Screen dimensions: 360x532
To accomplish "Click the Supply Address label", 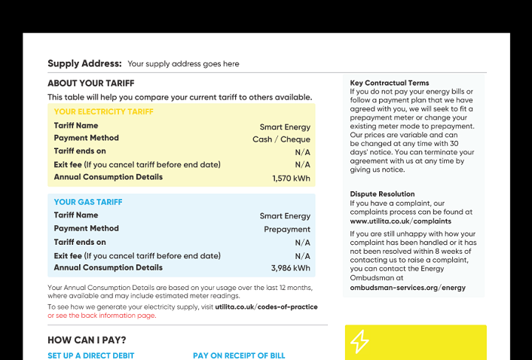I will pos(84,63).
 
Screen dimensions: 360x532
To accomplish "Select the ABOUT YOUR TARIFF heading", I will pos(90,83).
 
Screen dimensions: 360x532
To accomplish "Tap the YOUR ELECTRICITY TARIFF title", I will pos(103,111).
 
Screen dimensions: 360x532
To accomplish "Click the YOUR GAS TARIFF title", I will pos(87,202).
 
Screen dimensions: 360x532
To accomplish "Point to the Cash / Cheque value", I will pos(281,139).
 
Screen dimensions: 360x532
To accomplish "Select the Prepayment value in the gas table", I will pos(286,229).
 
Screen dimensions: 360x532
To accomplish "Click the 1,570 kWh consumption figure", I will pos(291,178).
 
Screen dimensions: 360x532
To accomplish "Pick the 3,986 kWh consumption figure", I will pos(290,268).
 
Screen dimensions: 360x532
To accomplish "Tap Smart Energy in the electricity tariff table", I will pos(285,127).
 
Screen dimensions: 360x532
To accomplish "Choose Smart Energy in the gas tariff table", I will pos(285,216).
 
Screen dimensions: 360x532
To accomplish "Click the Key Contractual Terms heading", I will pos(390,83).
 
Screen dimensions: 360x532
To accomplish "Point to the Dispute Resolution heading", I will pos(382,194).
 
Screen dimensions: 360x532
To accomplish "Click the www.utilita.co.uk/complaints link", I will pos(400,221).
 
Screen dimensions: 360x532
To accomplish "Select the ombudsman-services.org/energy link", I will pos(407,288).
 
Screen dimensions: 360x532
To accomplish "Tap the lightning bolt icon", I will pos(359,342).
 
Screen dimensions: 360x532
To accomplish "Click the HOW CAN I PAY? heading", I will pos(87,340).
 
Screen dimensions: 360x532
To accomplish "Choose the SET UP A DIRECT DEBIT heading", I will pos(90,355).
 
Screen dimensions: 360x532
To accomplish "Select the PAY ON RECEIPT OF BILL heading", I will pos(239,355).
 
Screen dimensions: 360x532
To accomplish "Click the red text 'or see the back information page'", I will pos(102,316).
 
